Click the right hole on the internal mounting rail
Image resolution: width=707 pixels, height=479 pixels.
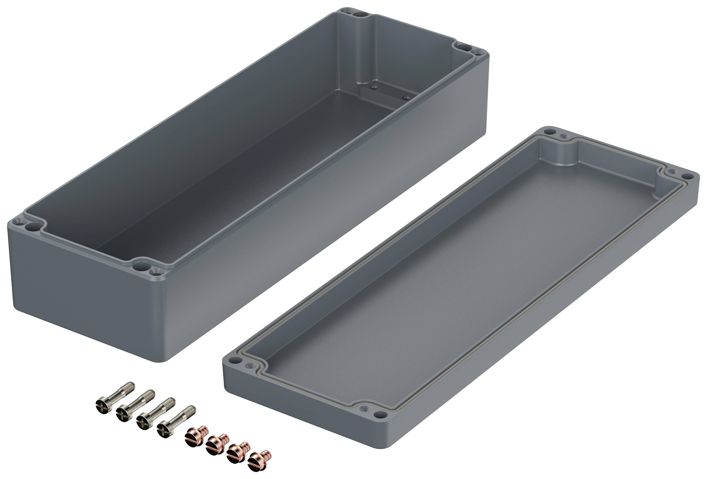pyautogui.click(x=405, y=98)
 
